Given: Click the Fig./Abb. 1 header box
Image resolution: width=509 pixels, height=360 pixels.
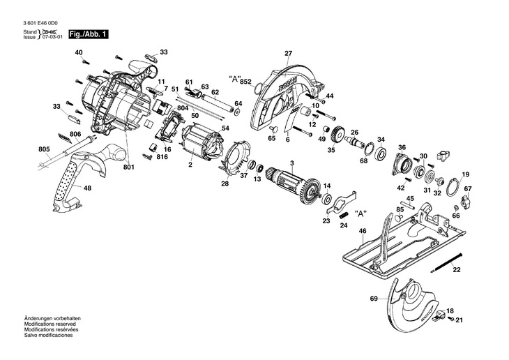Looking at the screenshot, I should click(x=87, y=34).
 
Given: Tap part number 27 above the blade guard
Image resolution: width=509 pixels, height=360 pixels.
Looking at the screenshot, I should click(x=288, y=54).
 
